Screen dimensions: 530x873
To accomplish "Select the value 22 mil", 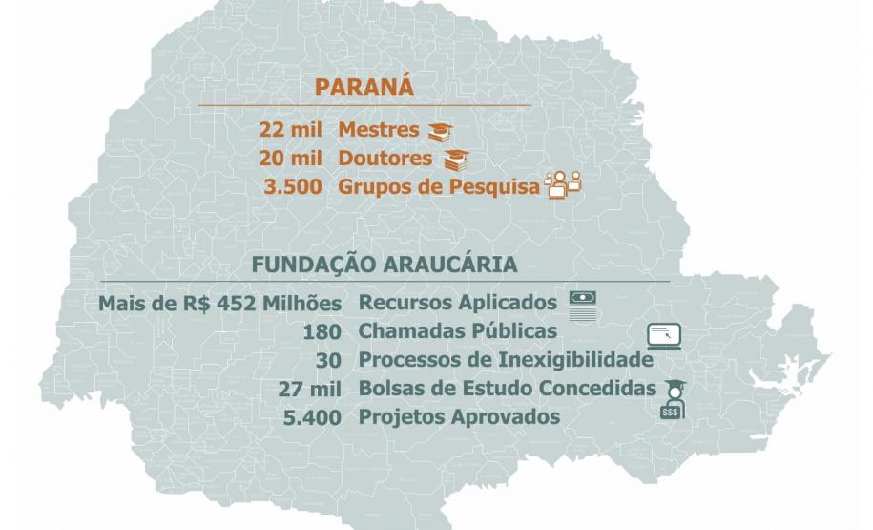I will click(x=290, y=131).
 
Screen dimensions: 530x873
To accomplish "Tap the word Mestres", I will click(x=379, y=131).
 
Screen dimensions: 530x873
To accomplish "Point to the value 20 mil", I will click(x=290, y=159).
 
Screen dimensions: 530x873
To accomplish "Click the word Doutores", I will click(x=385, y=159).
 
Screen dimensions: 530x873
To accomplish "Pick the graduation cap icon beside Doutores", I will click(x=456, y=159).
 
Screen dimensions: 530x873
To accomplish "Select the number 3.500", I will click(x=295, y=185).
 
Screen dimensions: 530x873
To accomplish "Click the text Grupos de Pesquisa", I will click(x=439, y=185).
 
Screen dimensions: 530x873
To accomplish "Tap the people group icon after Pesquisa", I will click(x=562, y=183).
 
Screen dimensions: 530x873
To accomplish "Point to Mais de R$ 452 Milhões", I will click(x=219, y=304).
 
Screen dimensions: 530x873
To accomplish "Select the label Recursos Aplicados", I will click(x=458, y=304).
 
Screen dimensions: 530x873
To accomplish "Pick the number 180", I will click(x=322, y=332).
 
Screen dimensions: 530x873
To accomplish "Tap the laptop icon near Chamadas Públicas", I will click(x=665, y=336).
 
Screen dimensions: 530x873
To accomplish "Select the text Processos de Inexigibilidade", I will click(x=506, y=360).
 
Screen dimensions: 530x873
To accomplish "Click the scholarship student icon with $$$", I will click(x=673, y=398).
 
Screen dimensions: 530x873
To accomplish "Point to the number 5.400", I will click(x=314, y=417).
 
